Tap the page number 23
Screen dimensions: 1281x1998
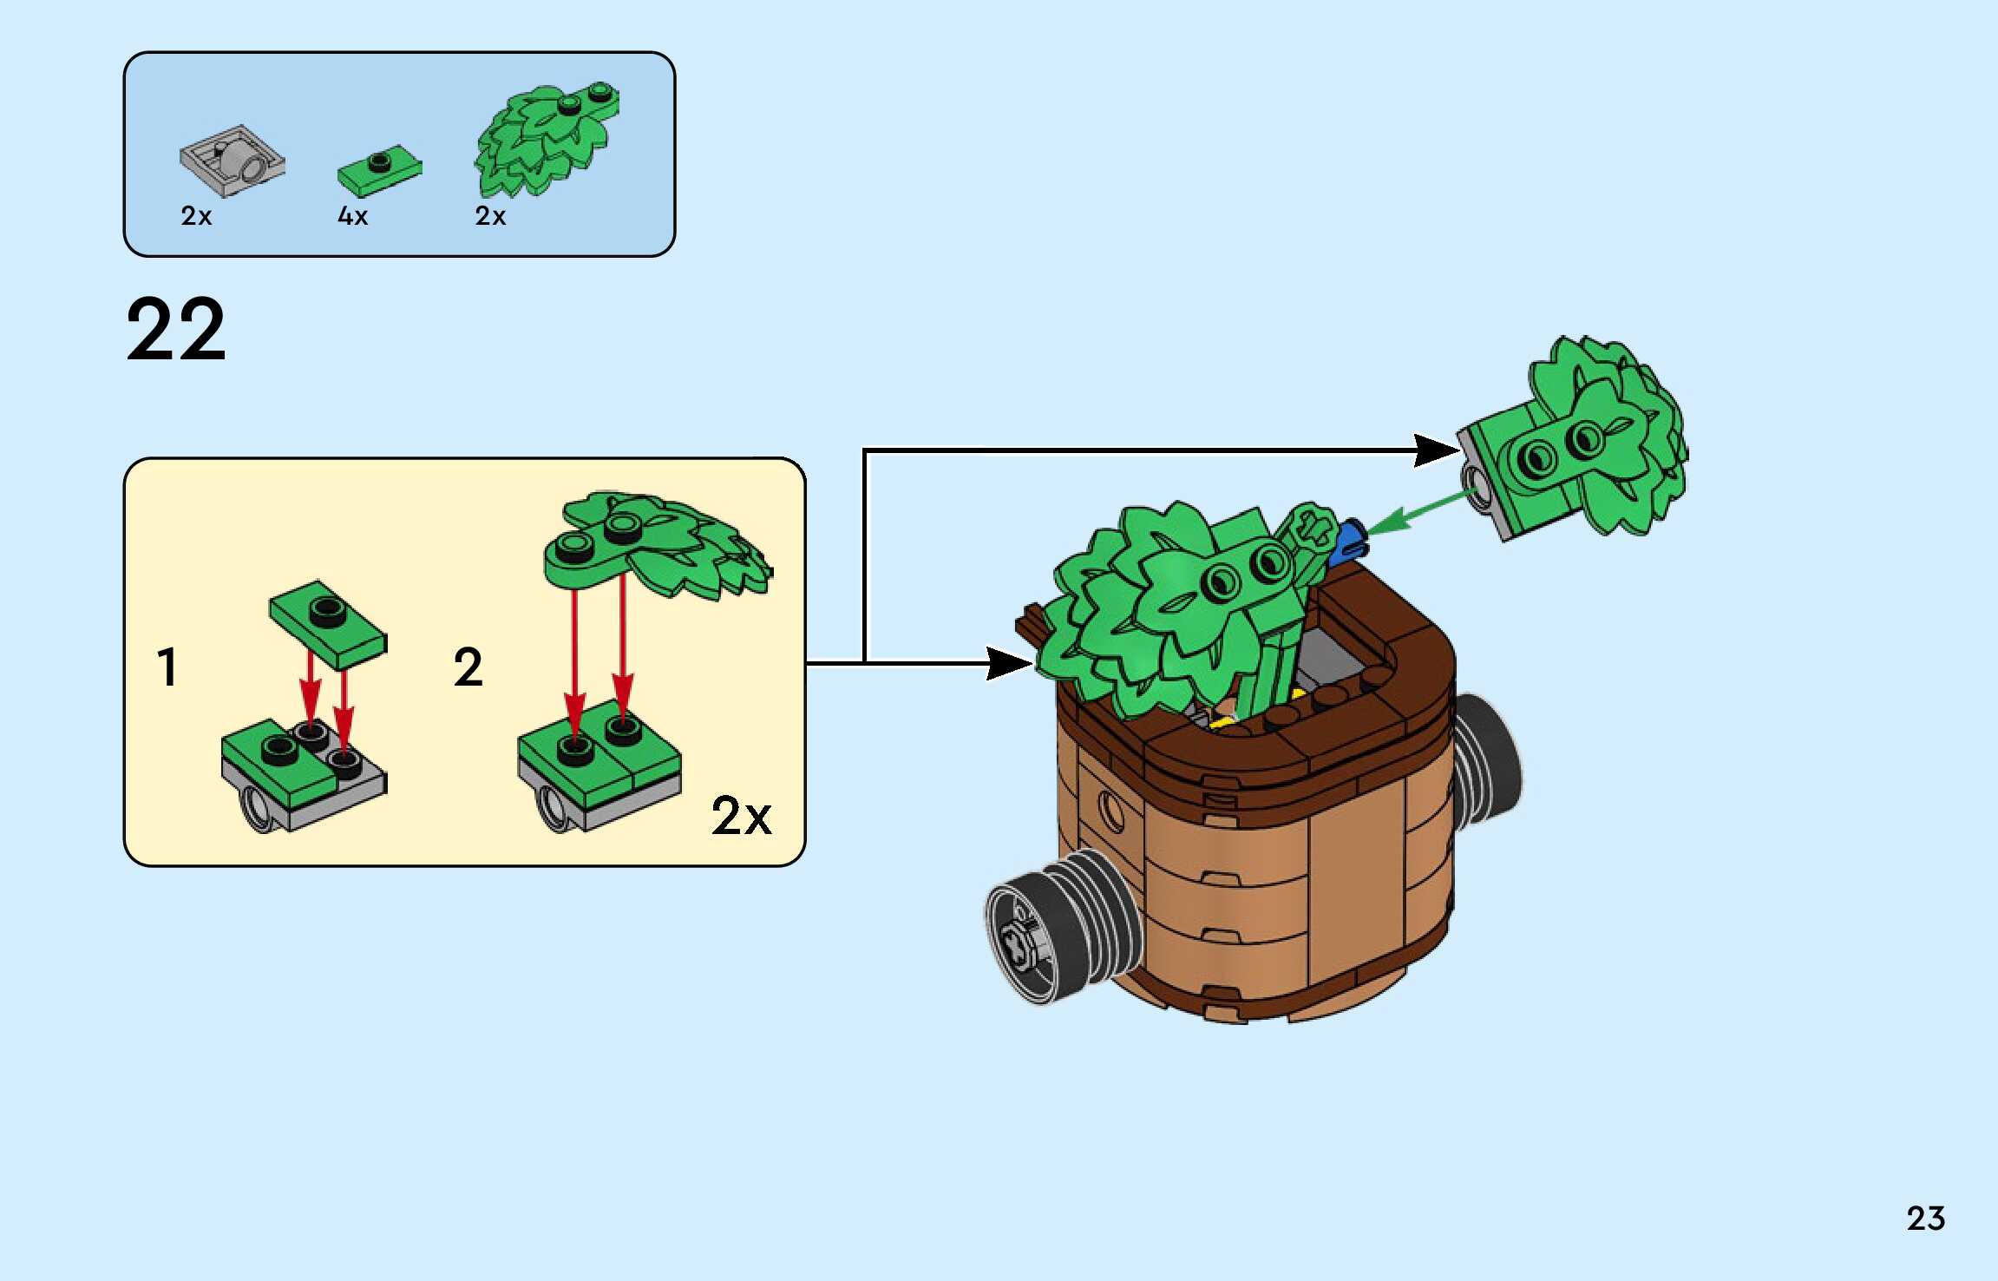(x=1925, y=1219)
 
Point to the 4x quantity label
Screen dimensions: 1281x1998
(x=352, y=216)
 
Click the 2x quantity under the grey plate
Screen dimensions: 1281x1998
(x=196, y=216)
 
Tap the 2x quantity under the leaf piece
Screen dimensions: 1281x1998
(x=490, y=216)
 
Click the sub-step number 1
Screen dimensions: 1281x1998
(x=167, y=667)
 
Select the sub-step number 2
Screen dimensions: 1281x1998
(x=468, y=667)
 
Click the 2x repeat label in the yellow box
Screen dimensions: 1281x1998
(x=741, y=817)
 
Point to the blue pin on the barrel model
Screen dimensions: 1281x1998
(x=1349, y=540)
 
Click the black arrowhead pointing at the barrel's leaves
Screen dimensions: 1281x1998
(x=1010, y=664)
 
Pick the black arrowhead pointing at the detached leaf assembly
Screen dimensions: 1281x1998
(x=1436, y=450)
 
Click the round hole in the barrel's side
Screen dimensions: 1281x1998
(x=1111, y=809)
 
